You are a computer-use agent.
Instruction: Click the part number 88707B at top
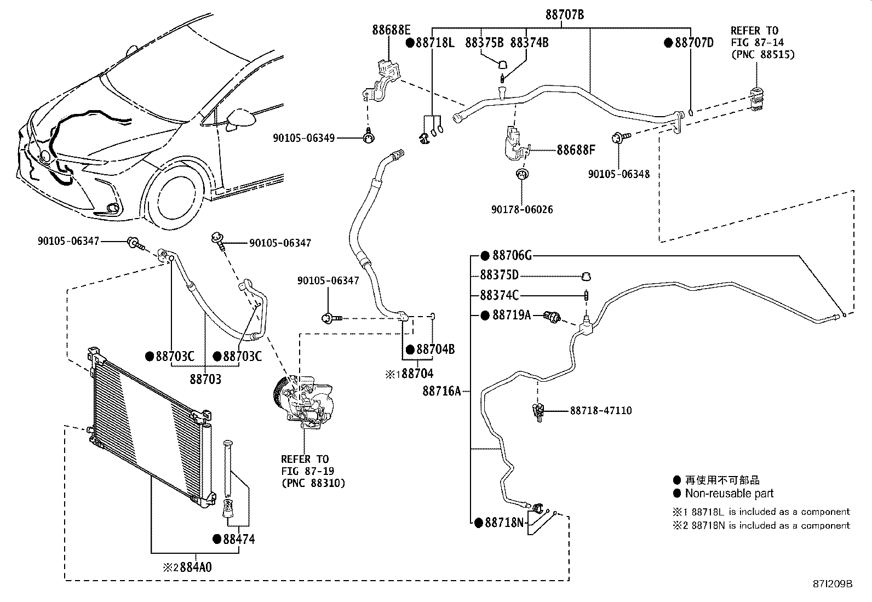point(565,15)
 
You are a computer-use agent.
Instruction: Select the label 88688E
point(391,30)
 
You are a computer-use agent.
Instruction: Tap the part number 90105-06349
point(303,138)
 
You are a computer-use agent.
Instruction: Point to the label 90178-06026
point(522,209)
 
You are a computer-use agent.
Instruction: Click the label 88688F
point(576,150)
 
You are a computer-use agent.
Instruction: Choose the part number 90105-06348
point(619,174)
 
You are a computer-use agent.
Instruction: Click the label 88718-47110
point(601,410)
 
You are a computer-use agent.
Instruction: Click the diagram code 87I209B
point(833,584)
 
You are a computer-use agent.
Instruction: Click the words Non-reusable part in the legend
point(729,494)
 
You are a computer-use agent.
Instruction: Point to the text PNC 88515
point(763,55)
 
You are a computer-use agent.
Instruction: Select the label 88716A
point(442,391)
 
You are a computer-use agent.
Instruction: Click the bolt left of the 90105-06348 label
point(621,137)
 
